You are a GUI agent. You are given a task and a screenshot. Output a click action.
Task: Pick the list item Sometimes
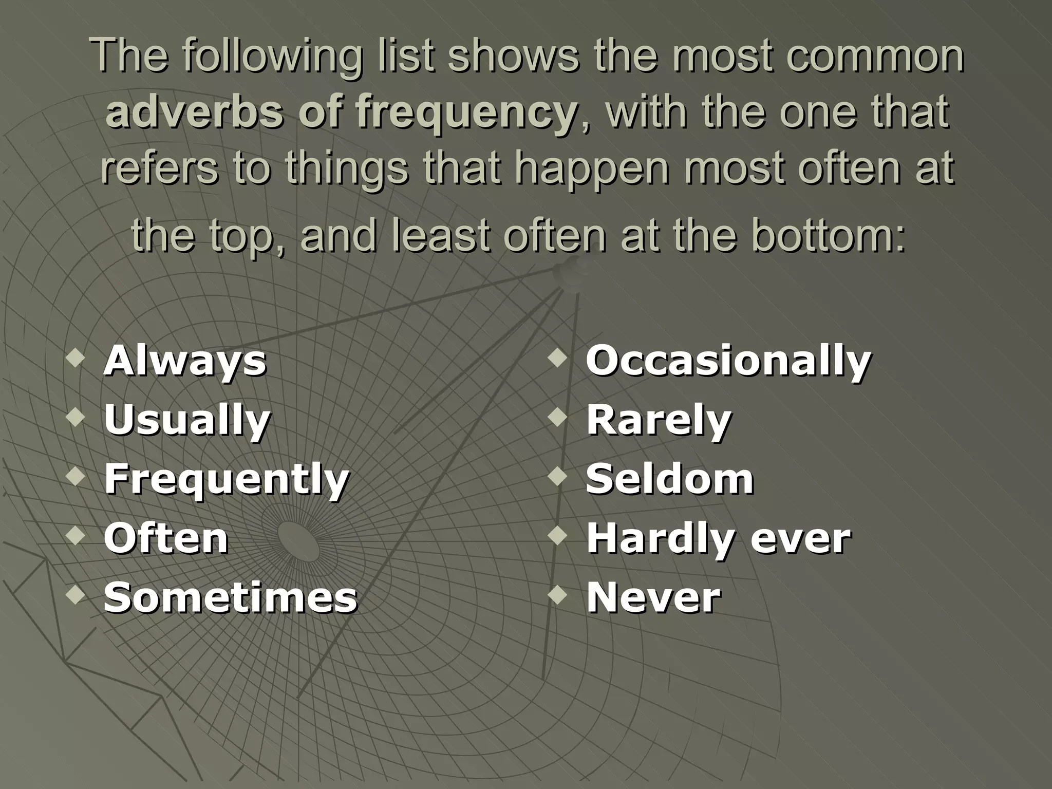click(231, 597)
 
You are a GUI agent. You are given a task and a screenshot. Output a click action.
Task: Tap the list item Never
click(653, 597)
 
